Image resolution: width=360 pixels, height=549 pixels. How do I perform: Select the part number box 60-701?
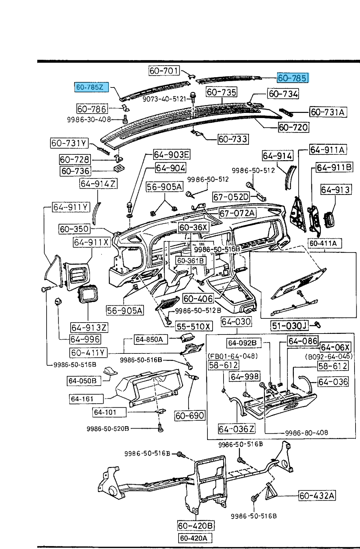click(164, 71)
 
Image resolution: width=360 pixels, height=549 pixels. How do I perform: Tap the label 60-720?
click(293, 127)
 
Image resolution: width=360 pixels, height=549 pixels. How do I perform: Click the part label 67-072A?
click(238, 213)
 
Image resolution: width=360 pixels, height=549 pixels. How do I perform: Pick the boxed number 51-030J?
click(289, 325)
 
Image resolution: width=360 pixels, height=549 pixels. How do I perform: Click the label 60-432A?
click(317, 495)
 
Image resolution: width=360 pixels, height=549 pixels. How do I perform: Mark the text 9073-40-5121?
click(164, 99)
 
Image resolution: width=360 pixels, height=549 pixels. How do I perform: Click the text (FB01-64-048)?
click(233, 356)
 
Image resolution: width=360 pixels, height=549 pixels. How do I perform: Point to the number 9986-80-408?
click(307, 433)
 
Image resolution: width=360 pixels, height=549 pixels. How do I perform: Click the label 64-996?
click(85, 339)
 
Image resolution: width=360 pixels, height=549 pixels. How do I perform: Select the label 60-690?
click(190, 416)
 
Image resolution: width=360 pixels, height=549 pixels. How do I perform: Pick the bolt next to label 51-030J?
click(317, 324)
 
